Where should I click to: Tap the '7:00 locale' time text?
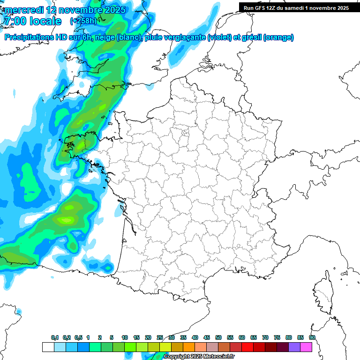click(x=32, y=21)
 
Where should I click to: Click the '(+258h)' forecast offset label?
click(x=83, y=21)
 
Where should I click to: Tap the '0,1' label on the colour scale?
click(x=55, y=337)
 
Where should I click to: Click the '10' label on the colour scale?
click(x=125, y=337)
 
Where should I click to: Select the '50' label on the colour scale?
click(x=218, y=337)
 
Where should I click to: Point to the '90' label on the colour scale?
click(x=312, y=337)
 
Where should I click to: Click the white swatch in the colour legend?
click(x=48, y=347)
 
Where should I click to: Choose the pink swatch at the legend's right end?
click(x=306, y=347)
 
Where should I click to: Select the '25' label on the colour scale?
click(x=160, y=337)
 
